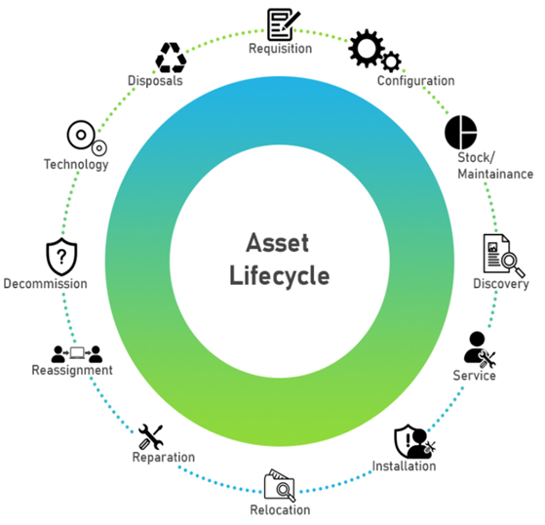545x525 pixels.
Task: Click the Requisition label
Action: click(280, 49)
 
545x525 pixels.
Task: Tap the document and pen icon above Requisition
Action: click(284, 24)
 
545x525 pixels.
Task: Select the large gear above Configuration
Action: click(367, 49)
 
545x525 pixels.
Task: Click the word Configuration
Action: click(415, 81)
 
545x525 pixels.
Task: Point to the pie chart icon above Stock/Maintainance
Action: click(461, 132)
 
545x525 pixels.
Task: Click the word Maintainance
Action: click(495, 174)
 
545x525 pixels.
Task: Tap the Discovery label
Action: click(501, 284)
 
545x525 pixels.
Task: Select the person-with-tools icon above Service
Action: click(479, 349)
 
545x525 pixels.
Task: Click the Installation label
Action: click(404, 465)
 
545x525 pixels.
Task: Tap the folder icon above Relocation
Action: click(280, 485)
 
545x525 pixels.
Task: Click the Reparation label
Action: click(164, 457)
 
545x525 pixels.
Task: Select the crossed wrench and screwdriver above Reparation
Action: click(150, 436)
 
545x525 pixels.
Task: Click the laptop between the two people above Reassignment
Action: click(77, 353)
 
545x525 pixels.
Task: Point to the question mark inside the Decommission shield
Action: click(61, 257)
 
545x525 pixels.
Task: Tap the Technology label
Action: click(76, 164)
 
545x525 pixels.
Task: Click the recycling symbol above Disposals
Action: click(171, 58)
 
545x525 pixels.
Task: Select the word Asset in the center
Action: click(277, 242)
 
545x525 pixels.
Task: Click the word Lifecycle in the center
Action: click(280, 275)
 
